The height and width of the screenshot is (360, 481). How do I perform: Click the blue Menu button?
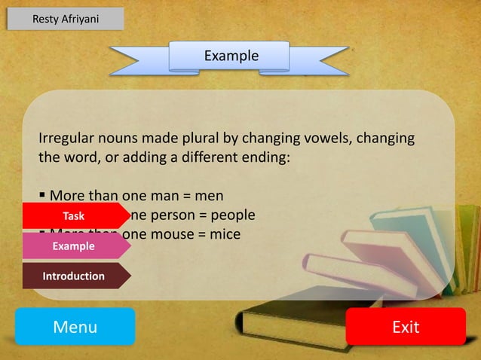point(75,327)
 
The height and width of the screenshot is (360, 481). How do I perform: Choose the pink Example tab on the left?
point(73,246)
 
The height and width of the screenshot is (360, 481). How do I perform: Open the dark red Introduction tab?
point(73,276)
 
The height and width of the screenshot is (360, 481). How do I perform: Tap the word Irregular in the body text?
point(68,139)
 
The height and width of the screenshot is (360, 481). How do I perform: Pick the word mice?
point(225,234)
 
